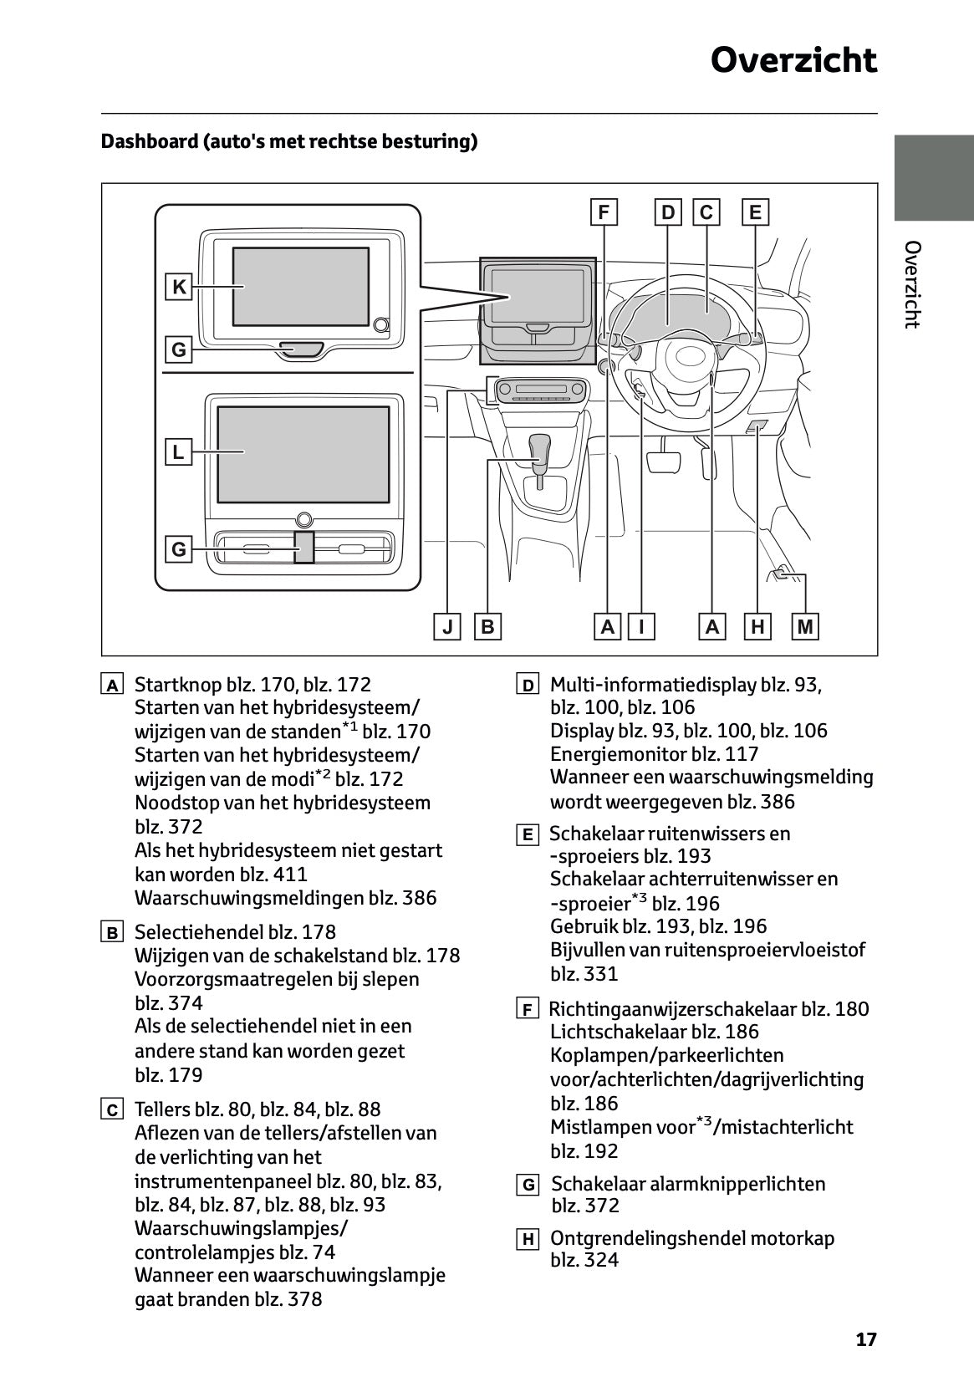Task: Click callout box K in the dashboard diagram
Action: coord(179,287)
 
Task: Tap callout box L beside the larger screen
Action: coord(178,452)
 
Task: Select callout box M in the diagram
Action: coord(805,626)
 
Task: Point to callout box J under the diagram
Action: coord(447,626)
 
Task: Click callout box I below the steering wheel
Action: coord(641,626)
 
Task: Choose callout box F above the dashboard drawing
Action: coord(604,212)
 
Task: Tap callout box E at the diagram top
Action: coord(755,212)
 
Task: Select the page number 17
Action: coord(866,1339)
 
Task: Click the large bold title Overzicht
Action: coord(793,61)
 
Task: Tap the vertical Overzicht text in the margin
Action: coord(913,284)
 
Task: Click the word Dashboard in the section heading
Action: coord(148,141)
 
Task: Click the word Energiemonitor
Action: coord(618,754)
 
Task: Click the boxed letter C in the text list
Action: coord(111,1111)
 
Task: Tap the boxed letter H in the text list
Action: coord(527,1240)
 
